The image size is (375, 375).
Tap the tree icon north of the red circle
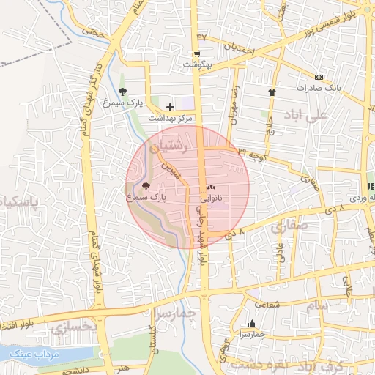122,92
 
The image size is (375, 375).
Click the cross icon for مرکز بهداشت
170,107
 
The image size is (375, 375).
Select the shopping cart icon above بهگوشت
197,53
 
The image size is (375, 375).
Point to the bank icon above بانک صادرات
318,77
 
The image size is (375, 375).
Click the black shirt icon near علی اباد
272,92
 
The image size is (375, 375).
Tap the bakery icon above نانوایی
211,187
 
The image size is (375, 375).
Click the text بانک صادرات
316,88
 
